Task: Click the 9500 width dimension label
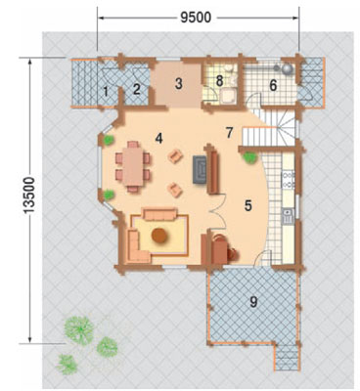click(196, 18)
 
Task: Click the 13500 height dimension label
click(29, 195)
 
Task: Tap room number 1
click(106, 92)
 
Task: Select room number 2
click(137, 89)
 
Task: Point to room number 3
click(178, 84)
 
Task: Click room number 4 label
click(158, 139)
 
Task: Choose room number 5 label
click(248, 205)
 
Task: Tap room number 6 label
click(273, 86)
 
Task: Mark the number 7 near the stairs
click(230, 133)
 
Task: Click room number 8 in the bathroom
click(219, 81)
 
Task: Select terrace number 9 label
click(253, 302)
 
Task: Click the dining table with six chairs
click(133, 166)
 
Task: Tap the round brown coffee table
click(159, 236)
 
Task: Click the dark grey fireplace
click(200, 169)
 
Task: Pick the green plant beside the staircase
click(249, 157)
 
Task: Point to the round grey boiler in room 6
click(288, 69)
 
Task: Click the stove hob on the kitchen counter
click(289, 180)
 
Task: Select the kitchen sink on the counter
click(289, 216)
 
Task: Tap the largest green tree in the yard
click(79, 330)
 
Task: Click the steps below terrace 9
click(287, 357)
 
